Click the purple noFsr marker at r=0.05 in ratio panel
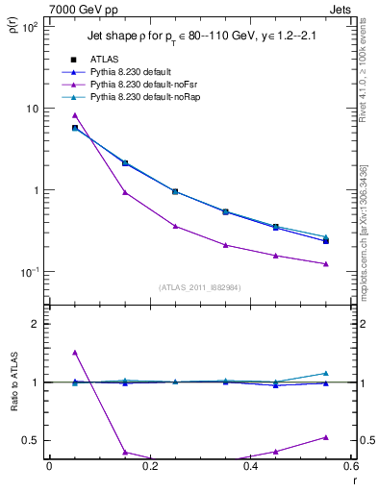click(x=74, y=353)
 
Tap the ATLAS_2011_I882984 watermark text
click(x=200, y=286)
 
